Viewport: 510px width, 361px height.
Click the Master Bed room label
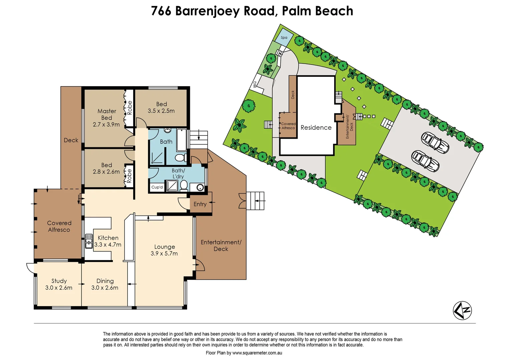pyautogui.click(x=107, y=114)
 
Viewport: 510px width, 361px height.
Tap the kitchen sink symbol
pyautogui.click(x=89, y=241)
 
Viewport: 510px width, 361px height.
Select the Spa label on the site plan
pyautogui.click(x=284, y=37)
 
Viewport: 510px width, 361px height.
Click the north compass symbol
pyautogui.click(x=462, y=310)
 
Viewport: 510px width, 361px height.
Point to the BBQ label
pyautogui.click(x=255, y=84)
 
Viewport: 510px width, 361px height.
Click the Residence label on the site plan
pyautogui.click(x=316, y=127)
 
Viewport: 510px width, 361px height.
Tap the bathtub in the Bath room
pyautogui.click(x=182, y=140)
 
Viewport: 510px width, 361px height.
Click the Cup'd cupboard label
pyautogui.click(x=157, y=187)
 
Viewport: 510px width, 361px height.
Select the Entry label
pyautogui.click(x=200, y=204)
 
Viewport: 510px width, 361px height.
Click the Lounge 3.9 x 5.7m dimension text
pyautogui.click(x=164, y=253)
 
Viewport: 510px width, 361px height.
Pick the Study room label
pyautogui.click(x=59, y=281)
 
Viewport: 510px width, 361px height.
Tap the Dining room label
pyautogui.click(x=105, y=281)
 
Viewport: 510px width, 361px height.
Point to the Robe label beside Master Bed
pyautogui.click(x=130, y=108)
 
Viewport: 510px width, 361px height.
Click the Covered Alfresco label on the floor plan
pyautogui.click(x=59, y=226)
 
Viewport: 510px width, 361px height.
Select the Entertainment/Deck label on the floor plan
pyautogui.click(x=221, y=245)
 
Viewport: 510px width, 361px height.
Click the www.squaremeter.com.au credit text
pyautogui.click(x=257, y=353)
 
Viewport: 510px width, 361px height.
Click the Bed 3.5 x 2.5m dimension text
pyautogui.click(x=161, y=111)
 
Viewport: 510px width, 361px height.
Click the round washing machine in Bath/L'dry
pyautogui.click(x=200, y=188)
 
